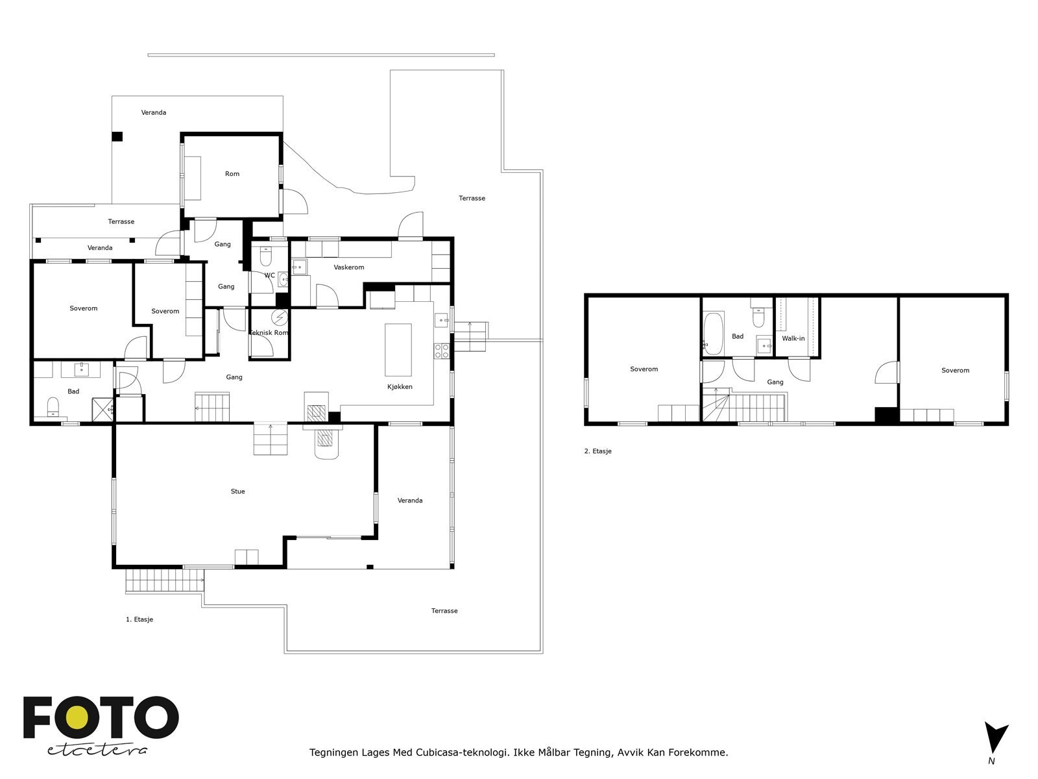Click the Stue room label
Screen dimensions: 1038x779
point(237,491)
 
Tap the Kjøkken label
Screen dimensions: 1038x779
point(400,387)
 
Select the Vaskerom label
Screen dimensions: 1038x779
point(349,267)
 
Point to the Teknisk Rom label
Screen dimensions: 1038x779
point(269,332)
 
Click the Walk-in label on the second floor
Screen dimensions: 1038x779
point(793,338)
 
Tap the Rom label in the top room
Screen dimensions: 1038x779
point(232,173)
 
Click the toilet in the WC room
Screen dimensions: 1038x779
point(266,256)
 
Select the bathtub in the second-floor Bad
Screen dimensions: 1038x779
point(713,333)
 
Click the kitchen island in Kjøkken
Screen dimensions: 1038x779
point(398,349)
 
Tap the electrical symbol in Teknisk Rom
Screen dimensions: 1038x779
point(280,317)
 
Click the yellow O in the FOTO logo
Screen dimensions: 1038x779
point(77,717)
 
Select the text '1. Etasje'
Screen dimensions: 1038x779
point(139,619)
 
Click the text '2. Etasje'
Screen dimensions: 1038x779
point(597,451)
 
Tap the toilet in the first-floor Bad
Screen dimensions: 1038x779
point(53,407)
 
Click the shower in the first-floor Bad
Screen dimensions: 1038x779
point(103,409)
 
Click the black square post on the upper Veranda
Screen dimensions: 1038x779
point(117,137)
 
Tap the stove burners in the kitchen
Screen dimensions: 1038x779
point(442,351)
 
